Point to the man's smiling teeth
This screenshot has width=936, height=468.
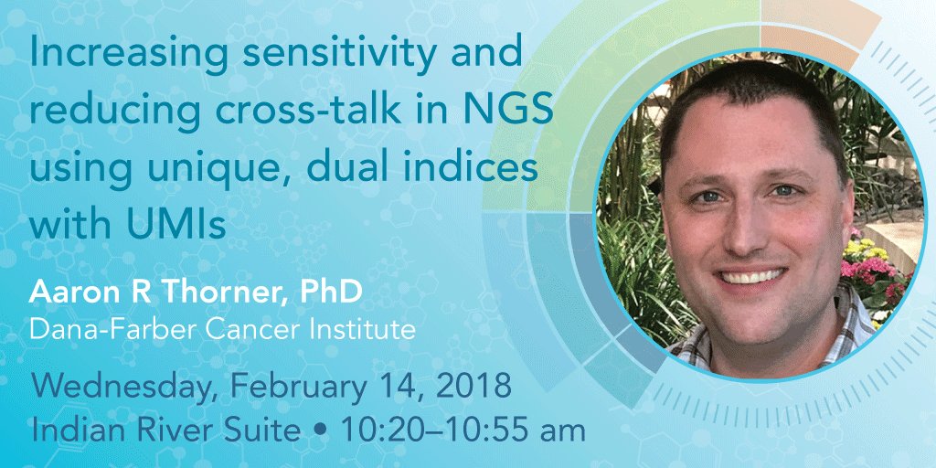tap(750, 275)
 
